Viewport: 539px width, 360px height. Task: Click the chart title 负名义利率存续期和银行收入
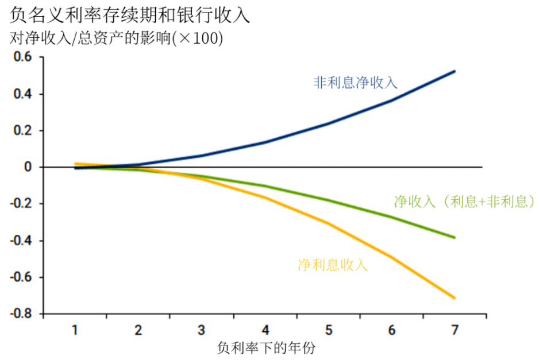[x=130, y=14]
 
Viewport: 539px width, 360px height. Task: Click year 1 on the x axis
[x=75, y=330]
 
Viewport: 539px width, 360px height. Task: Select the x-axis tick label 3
[x=201, y=330]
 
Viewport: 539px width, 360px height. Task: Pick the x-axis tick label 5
[x=328, y=330]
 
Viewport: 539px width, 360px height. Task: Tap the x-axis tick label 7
[x=455, y=330]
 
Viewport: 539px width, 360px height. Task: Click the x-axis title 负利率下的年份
[x=266, y=348]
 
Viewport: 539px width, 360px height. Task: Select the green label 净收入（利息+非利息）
[x=464, y=201]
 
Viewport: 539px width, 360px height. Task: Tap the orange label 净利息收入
[x=332, y=265]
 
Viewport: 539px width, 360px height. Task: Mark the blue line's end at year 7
[x=455, y=71]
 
